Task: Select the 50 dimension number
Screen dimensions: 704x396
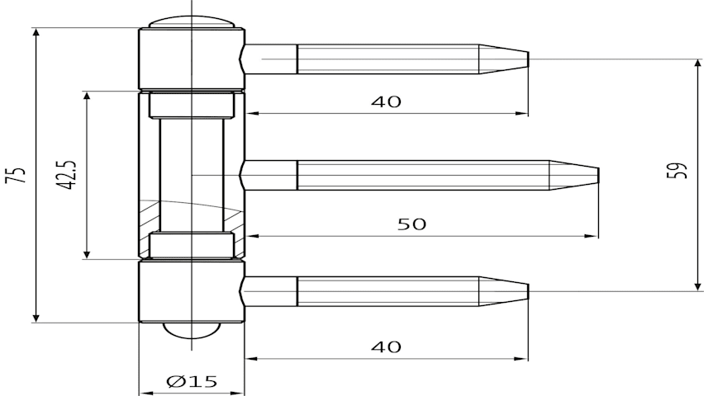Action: pyautogui.click(x=411, y=224)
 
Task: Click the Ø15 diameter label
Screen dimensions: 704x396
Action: pyautogui.click(x=192, y=382)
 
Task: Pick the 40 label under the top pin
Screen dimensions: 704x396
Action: pyautogui.click(x=386, y=102)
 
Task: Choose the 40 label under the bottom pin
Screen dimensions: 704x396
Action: pyautogui.click(x=386, y=346)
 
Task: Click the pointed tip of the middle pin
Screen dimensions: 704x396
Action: pyautogui.click(x=598, y=175)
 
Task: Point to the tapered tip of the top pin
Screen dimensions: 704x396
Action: pyautogui.click(x=528, y=59)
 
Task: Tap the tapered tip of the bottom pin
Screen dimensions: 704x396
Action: pyautogui.click(x=528, y=291)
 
